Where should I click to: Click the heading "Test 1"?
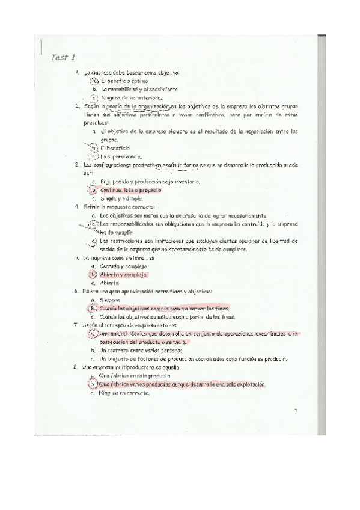click(61, 58)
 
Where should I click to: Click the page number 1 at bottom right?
click(296, 410)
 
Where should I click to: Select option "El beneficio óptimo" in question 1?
click(124, 81)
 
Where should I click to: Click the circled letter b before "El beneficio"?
click(94, 147)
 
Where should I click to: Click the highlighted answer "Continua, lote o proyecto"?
click(130, 190)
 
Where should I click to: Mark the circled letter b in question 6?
click(93, 308)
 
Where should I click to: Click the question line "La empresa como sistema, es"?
click(116, 257)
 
